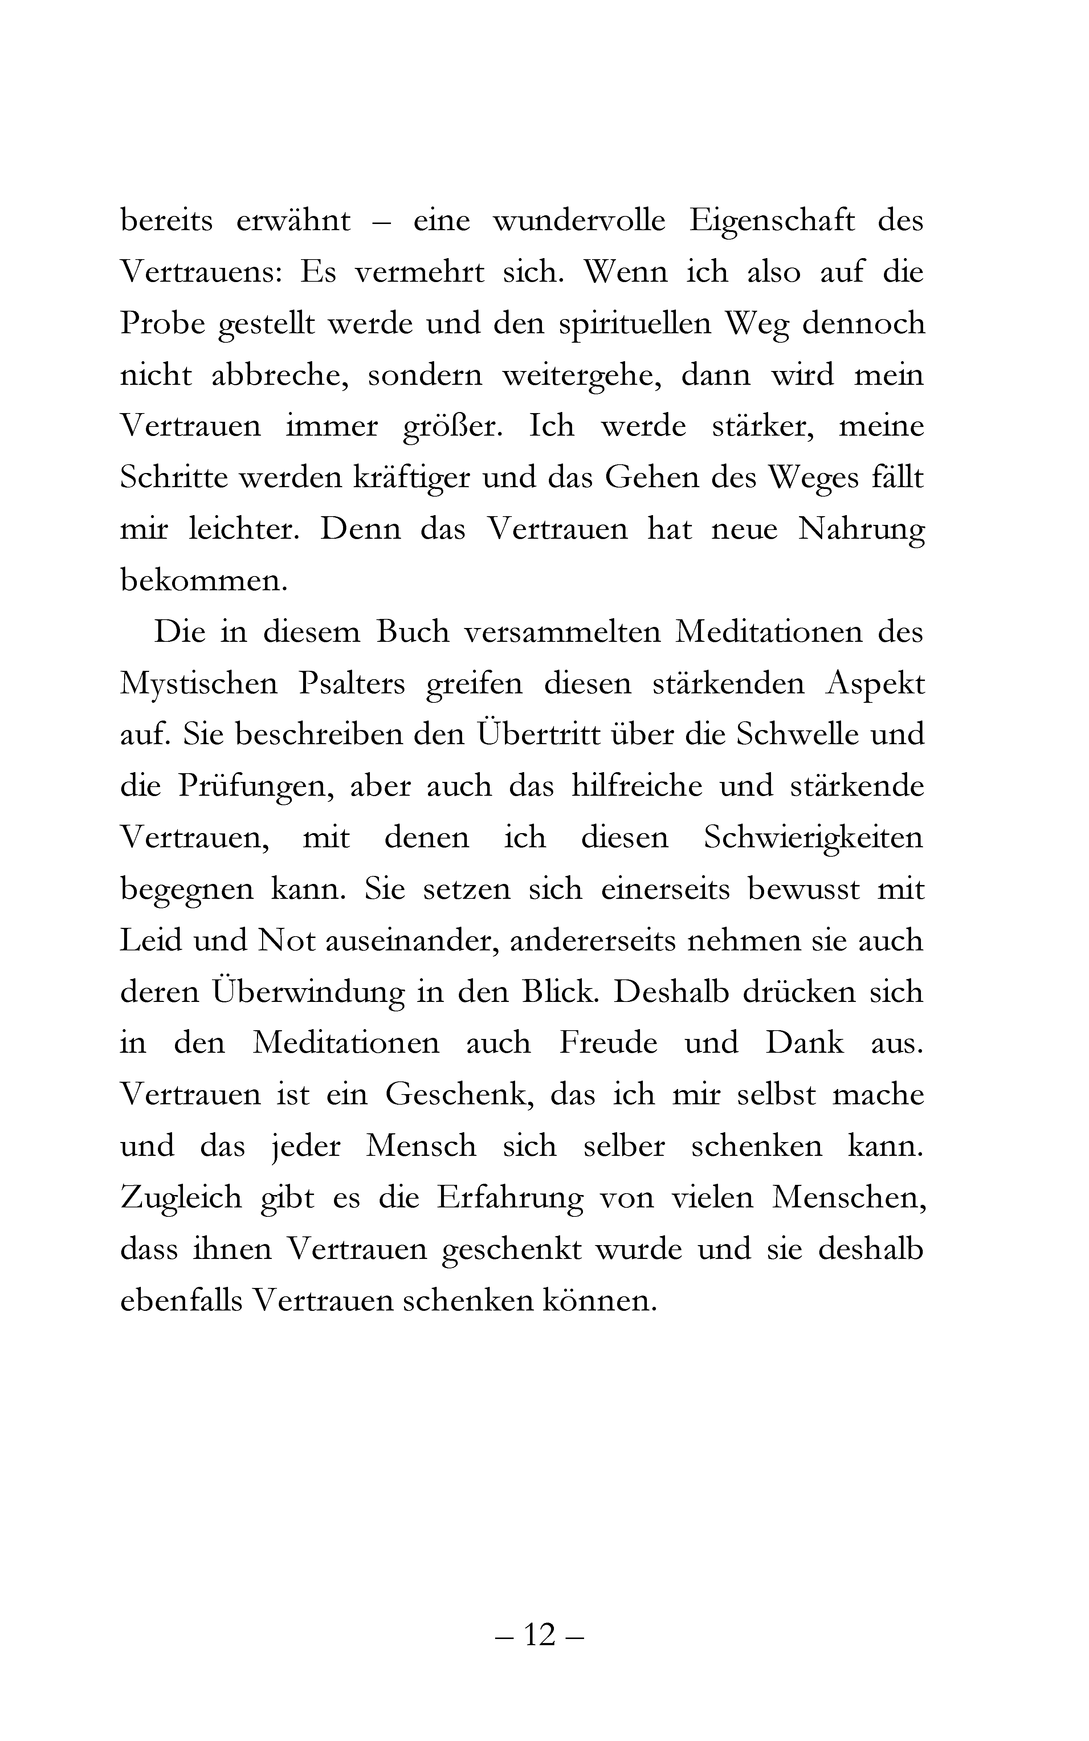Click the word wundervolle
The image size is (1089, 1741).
(x=579, y=220)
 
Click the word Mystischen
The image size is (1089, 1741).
(x=199, y=684)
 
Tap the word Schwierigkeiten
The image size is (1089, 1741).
(x=813, y=838)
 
